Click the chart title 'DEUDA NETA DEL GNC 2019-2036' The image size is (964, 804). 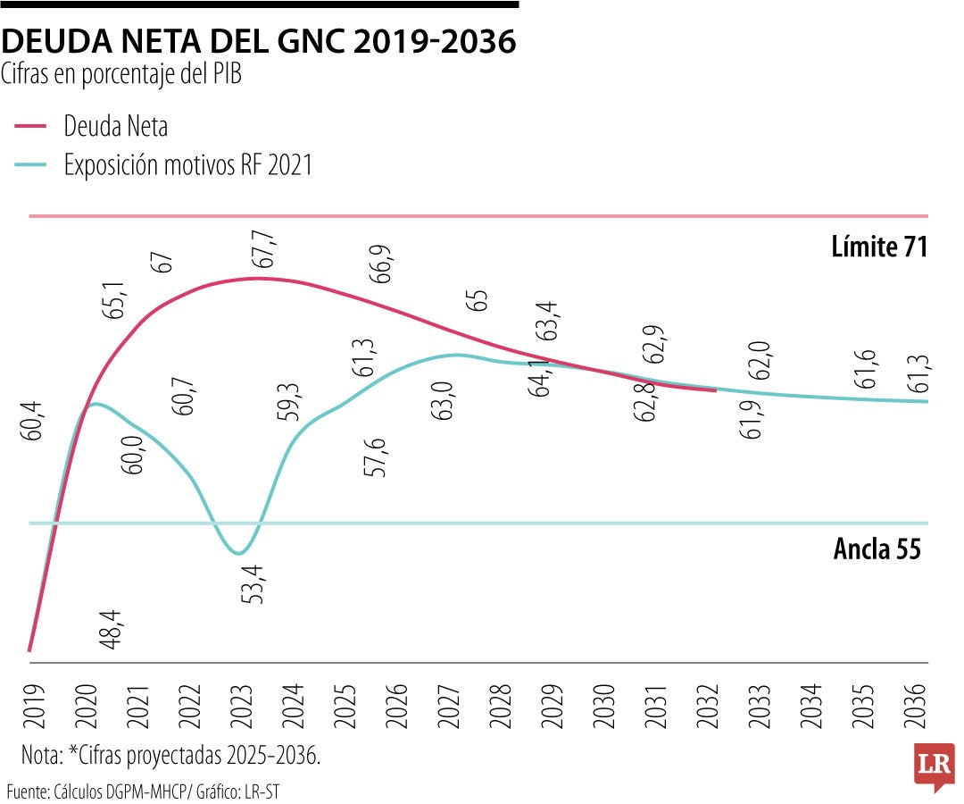click(x=259, y=41)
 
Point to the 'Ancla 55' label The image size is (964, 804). click(x=877, y=549)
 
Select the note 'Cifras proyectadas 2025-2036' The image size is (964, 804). click(x=170, y=756)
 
